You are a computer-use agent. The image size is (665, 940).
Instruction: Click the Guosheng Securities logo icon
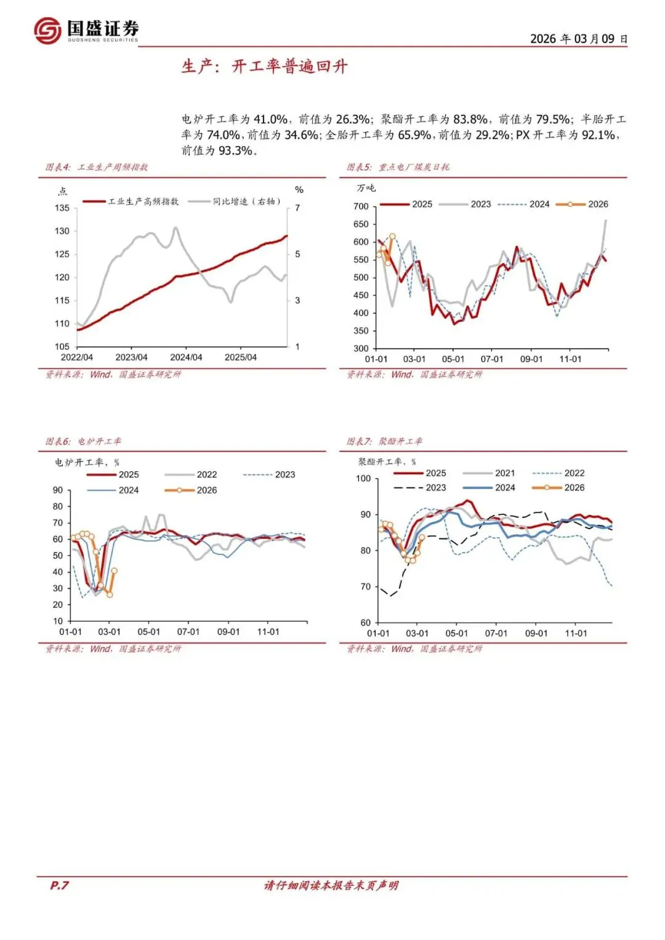47,30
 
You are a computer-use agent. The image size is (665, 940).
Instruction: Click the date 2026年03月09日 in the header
578,39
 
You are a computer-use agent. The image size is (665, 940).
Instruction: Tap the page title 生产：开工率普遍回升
264,67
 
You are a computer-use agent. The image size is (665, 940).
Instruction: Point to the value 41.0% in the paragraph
270,120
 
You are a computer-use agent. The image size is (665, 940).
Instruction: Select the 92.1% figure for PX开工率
598,135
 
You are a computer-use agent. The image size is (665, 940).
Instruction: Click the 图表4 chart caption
97,167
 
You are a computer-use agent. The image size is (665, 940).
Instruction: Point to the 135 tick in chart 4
62,208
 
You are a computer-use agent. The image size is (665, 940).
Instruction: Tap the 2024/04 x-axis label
186,357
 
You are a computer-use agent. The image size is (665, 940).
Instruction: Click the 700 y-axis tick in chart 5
361,206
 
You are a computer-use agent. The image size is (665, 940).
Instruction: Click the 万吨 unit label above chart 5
366,188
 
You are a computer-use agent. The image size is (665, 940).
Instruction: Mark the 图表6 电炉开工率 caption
83,441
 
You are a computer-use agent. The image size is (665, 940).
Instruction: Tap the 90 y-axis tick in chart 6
58,490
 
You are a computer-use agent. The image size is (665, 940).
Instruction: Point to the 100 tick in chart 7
363,479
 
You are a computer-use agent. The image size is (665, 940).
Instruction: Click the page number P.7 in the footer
59,885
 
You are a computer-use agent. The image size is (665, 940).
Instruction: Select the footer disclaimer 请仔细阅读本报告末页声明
331,885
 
